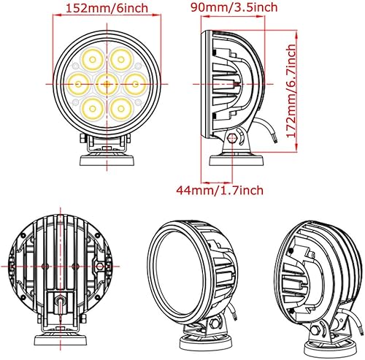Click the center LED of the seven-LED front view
106,82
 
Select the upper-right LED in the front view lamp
121,58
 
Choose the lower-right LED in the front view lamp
121,107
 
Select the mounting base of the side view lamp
232,158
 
